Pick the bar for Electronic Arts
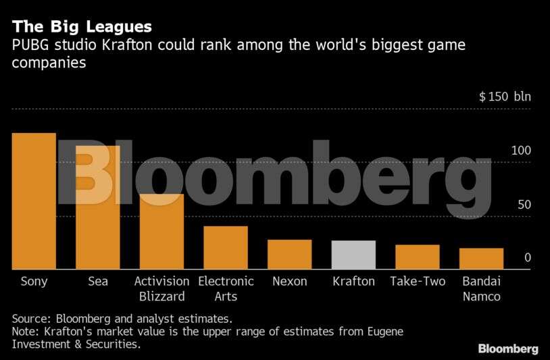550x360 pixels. click(x=226, y=248)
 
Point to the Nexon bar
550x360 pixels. click(x=289, y=255)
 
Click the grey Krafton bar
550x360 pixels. click(x=353, y=255)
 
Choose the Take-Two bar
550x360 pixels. click(x=417, y=257)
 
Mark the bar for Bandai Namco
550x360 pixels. click(x=481, y=259)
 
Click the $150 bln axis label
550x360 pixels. click(x=505, y=96)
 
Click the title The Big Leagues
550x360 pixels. click(x=80, y=27)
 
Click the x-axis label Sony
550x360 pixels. click(x=34, y=282)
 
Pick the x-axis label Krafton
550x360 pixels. click(x=353, y=282)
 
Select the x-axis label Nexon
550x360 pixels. click(x=289, y=282)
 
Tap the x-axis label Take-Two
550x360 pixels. click(x=418, y=282)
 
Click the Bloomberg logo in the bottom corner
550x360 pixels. click(x=508, y=349)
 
